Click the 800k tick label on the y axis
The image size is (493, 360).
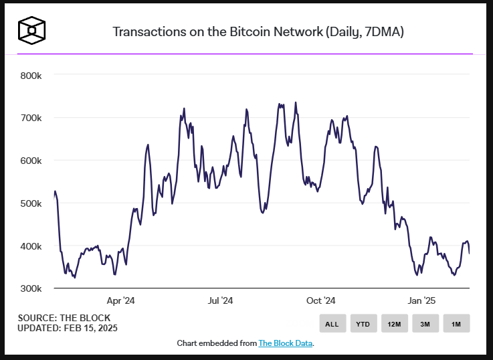pyautogui.click(x=31, y=75)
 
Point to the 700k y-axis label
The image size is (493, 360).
pyautogui.click(x=31, y=118)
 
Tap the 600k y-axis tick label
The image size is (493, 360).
pyautogui.click(x=31, y=161)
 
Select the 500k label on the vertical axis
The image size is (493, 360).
pyautogui.click(x=31, y=203)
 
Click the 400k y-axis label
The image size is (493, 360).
pyautogui.click(x=31, y=246)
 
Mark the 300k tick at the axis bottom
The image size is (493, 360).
pyautogui.click(x=31, y=288)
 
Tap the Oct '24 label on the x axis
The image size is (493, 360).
pyautogui.click(x=320, y=301)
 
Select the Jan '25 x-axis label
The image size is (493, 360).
pyautogui.click(x=422, y=301)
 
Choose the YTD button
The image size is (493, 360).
pyautogui.click(x=363, y=324)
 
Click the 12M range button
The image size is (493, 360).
pyautogui.click(x=394, y=324)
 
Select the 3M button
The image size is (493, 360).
pyautogui.click(x=425, y=324)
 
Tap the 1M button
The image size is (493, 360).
pyautogui.click(x=456, y=324)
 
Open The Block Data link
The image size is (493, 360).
pyautogui.click(x=286, y=343)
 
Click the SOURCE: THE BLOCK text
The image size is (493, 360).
pyautogui.click(x=64, y=318)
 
